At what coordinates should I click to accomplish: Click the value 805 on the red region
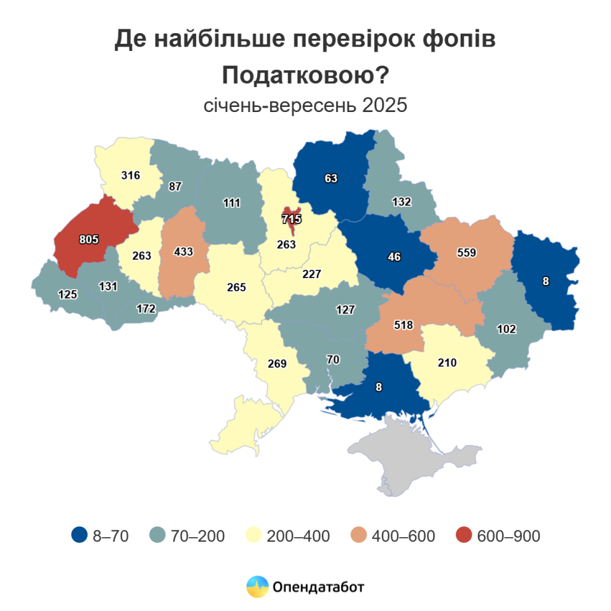tap(89, 239)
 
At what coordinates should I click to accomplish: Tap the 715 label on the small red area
tap(291, 219)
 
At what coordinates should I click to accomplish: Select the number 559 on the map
tap(467, 252)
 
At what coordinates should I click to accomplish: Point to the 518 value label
tap(404, 325)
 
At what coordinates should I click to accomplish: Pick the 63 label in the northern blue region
tap(331, 178)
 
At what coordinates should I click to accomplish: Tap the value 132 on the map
tap(402, 202)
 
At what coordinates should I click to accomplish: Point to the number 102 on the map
tap(507, 329)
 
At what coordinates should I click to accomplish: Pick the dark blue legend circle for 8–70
tap(80, 536)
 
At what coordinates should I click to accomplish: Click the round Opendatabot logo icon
tap(258, 586)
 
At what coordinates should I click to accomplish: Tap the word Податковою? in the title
tap(305, 76)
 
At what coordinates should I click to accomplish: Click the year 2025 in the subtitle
tap(384, 105)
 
